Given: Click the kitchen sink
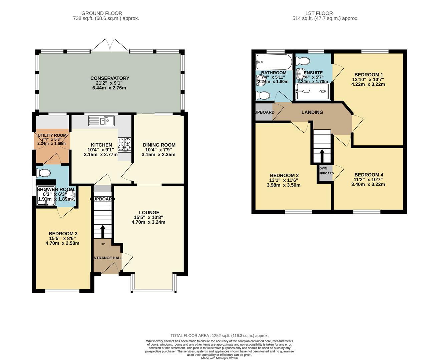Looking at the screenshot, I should click(101, 121).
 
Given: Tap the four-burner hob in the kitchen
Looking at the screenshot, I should click(124, 145).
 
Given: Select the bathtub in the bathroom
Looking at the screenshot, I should click(274, 62).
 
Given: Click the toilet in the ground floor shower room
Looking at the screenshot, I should click(43, 173).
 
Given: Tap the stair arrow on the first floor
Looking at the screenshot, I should click(322, 156).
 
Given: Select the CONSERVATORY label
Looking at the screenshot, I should click(110, 78).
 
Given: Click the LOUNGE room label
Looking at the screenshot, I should click(149, 213).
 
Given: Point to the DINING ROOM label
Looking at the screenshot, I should click(159, 145).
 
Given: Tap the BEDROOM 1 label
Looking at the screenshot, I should click(368, 75).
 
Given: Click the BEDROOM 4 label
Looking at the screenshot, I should click(368, 175).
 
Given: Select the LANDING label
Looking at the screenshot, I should click(312, 112).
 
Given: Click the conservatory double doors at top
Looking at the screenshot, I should click(110, 45).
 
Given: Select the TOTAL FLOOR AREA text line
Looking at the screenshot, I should click(219, 336).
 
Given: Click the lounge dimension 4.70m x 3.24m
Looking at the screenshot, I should click(148, 222).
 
